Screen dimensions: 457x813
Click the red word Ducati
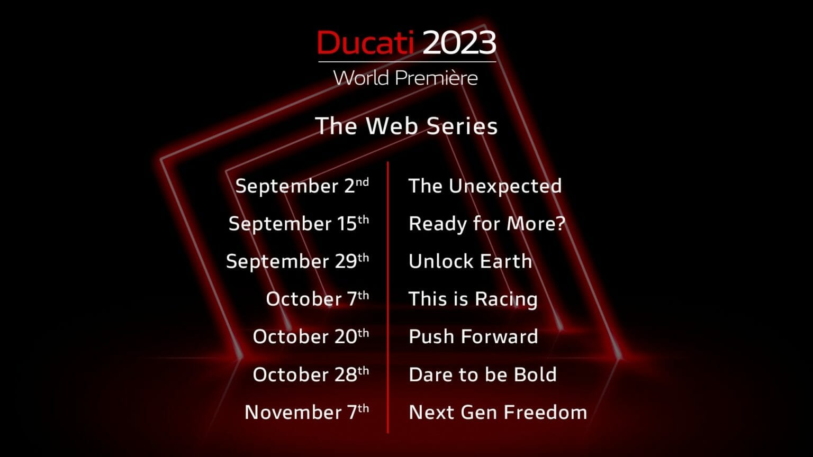365,43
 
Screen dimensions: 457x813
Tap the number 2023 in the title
459,43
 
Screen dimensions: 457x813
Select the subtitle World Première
405,78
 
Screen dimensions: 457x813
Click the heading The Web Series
406,126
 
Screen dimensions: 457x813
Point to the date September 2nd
302,186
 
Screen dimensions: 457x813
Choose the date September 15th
299,224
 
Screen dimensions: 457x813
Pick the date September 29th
297,261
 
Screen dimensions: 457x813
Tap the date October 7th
317,299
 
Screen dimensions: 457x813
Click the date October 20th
311,336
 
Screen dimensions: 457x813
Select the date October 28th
311,374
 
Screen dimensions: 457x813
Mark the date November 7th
306,412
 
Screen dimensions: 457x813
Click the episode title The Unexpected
485,186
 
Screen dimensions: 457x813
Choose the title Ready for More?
487,224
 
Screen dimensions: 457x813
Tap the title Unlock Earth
470,261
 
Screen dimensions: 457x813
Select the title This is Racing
473,299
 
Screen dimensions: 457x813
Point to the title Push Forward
473,336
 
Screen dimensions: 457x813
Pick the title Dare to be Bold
482,374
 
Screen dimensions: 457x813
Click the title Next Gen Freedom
498,412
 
